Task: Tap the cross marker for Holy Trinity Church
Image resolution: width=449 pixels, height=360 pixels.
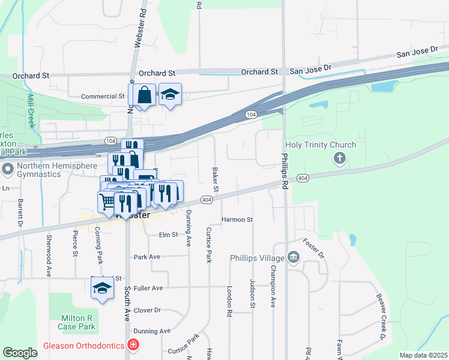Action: (x=340, y=158)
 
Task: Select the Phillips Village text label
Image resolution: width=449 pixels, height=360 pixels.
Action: (x=257, y=258)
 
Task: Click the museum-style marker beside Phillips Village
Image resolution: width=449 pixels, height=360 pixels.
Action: (x=294, y=257)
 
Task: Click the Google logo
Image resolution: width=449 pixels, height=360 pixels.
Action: (x=20, y=352)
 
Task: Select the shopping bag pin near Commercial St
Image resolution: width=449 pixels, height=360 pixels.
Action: (x=144, y=95)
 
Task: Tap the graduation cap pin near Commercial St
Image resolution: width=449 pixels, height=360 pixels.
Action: (x=170, y=94)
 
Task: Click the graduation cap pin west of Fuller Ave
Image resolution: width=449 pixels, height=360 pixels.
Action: (x=102, y=287)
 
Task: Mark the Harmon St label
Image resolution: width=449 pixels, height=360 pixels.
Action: (x=237, y=220)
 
